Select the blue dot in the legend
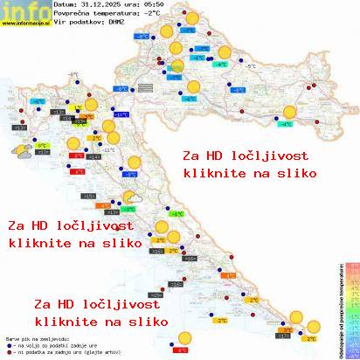tap(7, 346)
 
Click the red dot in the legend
tap(7, 352)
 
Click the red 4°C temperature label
tap(182, 350)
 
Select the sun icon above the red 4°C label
tap(184, 338)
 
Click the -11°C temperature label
tap(108, 150)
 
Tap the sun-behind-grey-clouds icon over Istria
tap(18, 151)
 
